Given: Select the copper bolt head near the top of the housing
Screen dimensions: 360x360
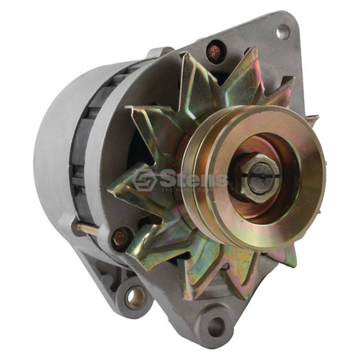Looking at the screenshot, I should [x=215, y=51].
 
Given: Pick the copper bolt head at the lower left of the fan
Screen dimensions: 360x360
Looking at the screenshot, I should [x=120, y=237].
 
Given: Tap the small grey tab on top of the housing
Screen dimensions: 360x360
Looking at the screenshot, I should [x=159, y=52].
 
